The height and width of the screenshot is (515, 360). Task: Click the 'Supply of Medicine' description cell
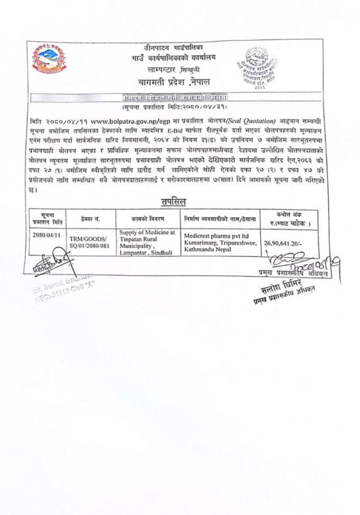(148, 243)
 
